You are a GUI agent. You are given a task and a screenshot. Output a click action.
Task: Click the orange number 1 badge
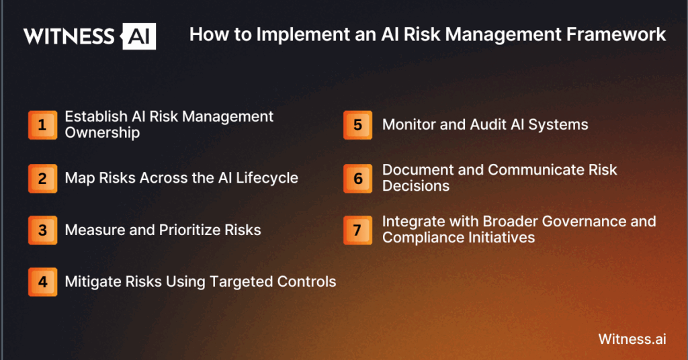coord(42,125)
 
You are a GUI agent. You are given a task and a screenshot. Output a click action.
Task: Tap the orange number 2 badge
coord(42,179)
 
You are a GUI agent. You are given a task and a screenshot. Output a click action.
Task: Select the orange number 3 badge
coord(42,230)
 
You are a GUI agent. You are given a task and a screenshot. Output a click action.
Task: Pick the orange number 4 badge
coord(42,282)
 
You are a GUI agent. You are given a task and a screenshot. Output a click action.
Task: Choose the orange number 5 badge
coord(357,125)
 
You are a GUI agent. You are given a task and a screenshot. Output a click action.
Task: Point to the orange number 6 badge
coord(357,179)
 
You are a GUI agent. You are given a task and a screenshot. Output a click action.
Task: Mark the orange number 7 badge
coord(357,230)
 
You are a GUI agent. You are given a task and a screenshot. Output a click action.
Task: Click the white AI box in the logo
coord(138,36)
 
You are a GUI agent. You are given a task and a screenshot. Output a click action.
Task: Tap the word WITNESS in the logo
coord(69,36)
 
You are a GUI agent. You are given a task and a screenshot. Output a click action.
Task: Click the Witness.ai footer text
coord(632,339)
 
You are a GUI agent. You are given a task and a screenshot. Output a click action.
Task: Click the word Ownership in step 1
coord(102,133)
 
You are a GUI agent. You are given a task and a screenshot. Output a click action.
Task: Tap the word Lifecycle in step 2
coord(267,178)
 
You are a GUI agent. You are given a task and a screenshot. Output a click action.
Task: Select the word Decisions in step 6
coord(416,186)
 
